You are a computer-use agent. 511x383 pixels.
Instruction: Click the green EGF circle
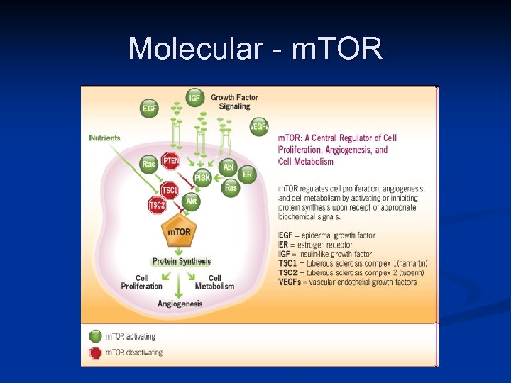pyautogui.click(x=150, y=108)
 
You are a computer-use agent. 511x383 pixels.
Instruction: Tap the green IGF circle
pyautogui.click(x=194, y=97)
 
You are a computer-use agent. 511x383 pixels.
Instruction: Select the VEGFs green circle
pyautogui.click(x=259, y=127)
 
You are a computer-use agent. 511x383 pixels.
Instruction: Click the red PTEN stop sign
pyautogui.click(x=171, y=161)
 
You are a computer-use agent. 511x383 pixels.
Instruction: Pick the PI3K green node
pyautogui.click(x=202, y=177)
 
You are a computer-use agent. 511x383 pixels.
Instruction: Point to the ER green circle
pyautogui.click(x=247, y=174)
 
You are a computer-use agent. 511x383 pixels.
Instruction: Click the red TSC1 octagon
pyautogui.click(x=170, y=189)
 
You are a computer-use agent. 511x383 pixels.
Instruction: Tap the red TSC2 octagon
pyautogui.click(x=157, y=206)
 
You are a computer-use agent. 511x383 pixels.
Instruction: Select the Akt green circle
pyautogui.click(x=191, y=201)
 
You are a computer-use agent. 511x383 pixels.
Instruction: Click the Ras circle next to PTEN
pyautogui.click(x=149, y=164)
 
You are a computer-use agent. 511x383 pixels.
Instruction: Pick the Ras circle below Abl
pyautogui.click(x=231, y=188)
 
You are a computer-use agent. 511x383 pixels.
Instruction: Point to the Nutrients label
pyautogui.click(x=105, y=138)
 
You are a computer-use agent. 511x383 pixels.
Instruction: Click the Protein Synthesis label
pyautogui.click(x=182, y=262)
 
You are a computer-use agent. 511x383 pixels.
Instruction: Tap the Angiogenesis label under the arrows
pyautogui.click(x=180, y=304)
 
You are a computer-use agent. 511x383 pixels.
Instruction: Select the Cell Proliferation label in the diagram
pyautogui.click(x=142, y=282)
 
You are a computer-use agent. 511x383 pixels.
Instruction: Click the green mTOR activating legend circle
pyautogui.click(x=95, y=336)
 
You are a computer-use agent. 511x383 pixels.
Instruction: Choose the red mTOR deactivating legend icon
pyautogui.click(x=95, y=353)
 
